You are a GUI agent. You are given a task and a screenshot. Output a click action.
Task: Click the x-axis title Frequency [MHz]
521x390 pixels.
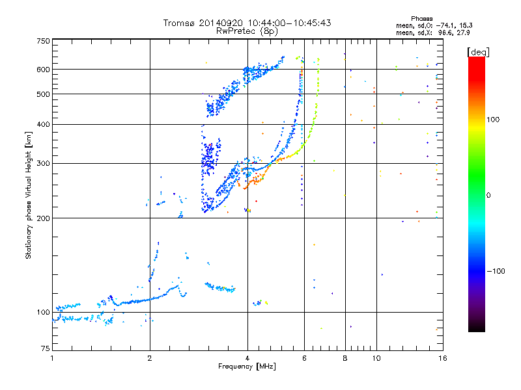pyautogui.click(x=247, y=367)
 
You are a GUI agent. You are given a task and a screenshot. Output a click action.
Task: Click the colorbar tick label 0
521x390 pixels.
pyautogui.click(x=490, y=195)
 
